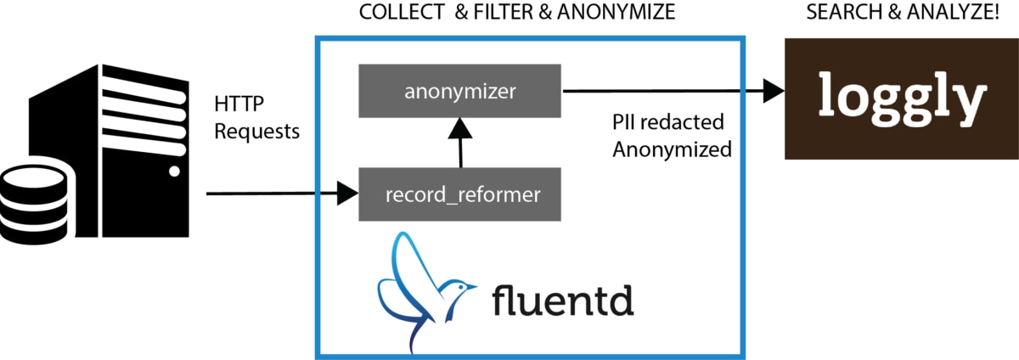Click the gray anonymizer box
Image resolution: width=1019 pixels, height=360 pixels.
459,90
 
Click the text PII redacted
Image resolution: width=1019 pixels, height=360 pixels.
668,122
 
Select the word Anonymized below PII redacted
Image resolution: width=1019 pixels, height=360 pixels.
672,150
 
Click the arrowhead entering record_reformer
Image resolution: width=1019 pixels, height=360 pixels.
347,194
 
